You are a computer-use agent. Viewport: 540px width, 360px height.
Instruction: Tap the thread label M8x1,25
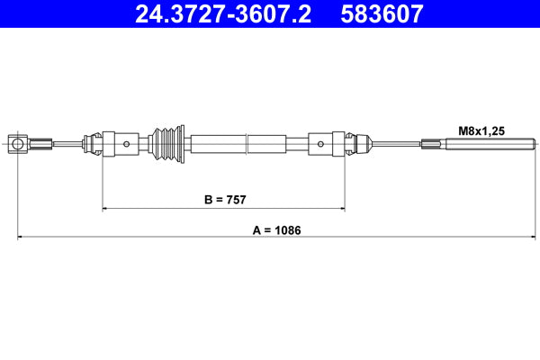click(x=482, y=130)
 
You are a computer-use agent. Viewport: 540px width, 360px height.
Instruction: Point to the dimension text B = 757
click(x=224, y=199)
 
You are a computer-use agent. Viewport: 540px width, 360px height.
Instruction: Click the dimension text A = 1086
click(x=276, y=229)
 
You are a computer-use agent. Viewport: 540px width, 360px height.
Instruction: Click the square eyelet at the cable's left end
click(x=18, y=143)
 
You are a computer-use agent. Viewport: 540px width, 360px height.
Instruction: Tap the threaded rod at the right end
click(x=490, y=143)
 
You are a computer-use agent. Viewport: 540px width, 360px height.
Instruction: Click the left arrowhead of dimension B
click(x=106, y=209)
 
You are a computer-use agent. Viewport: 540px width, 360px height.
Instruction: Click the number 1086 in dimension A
click(x=288, y=229)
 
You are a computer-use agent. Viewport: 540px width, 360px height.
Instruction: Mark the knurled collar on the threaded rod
click(x=433, y=143)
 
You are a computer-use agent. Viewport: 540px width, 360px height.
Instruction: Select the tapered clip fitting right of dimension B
click(x=359, y=143)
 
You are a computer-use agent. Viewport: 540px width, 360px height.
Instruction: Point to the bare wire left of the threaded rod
click(x=396, y=143)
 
